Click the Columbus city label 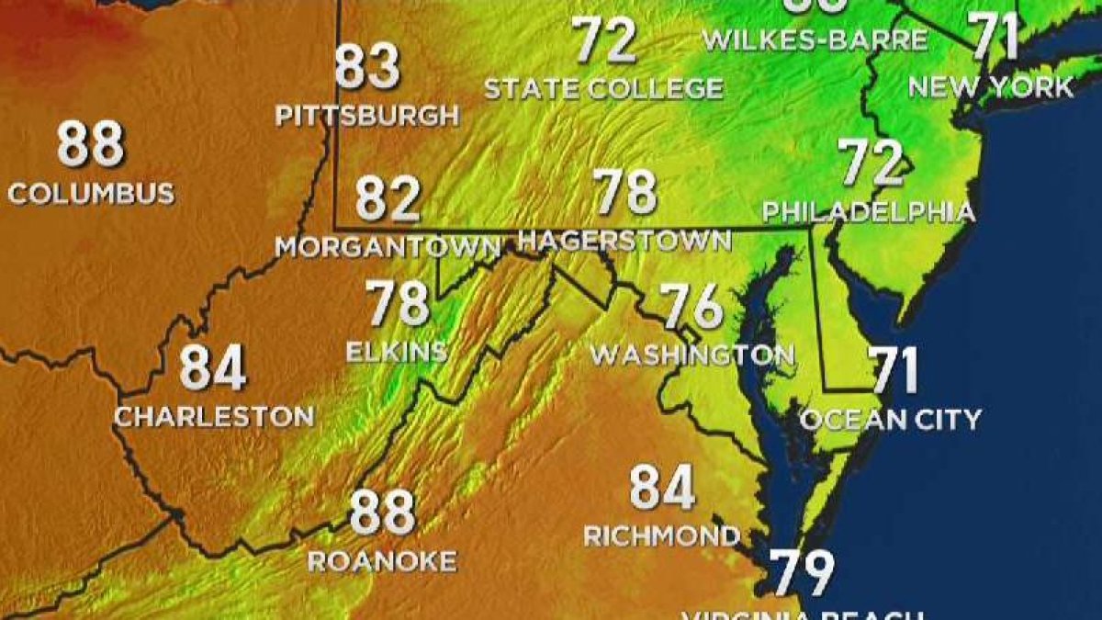point(91,194)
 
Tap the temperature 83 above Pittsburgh point(367,67)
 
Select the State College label point(603,89)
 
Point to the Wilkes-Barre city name point(814,40)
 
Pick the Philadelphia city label point(868,212)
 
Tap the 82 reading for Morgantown point(388,198)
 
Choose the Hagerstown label point(624,241)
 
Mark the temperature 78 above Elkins point(398,303)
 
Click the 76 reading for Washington point(692,307)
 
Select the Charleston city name point(214,416)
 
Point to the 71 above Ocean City point(894,370)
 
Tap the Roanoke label point(382,561)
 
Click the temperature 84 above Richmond point(662,488)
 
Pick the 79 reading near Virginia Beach point(802,573)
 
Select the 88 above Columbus point(90,144)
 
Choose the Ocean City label point(891,420)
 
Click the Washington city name point(692,355)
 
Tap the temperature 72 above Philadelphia point(871,163)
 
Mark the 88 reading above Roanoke point(383,513)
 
